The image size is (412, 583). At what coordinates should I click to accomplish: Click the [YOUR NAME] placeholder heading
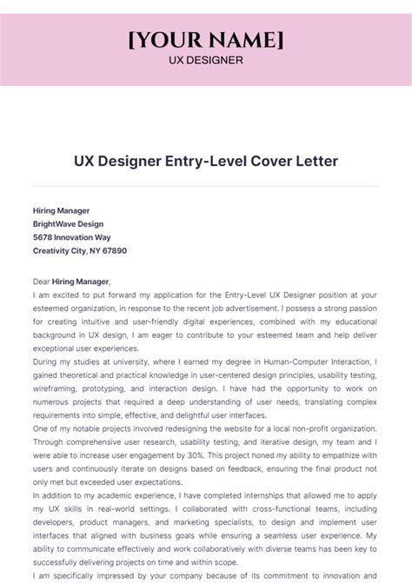click(x=205, y=40)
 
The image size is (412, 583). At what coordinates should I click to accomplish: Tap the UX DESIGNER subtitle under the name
click(x=205, y=60)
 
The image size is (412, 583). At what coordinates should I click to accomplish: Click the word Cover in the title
click(x=281, y=162)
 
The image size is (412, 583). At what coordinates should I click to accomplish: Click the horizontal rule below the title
click(x=205, y=186)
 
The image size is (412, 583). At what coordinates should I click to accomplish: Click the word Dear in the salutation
click(x=42, y=282)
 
